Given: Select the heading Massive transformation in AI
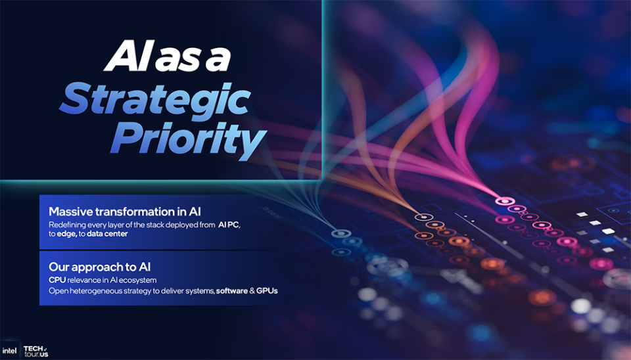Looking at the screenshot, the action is (125, 212).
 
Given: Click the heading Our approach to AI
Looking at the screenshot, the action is (100, 267).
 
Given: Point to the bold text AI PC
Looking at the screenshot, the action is (229, 225).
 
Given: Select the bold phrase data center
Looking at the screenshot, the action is (107, 234).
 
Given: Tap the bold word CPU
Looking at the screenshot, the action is (57, 280).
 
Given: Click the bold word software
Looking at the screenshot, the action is (232, 291).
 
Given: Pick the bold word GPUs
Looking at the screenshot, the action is (267, 291).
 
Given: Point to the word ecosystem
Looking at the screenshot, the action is (137, 281).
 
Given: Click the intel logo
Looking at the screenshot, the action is (9, 351).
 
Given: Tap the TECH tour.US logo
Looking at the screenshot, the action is (35, 351).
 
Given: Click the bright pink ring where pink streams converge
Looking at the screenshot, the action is (505, 201).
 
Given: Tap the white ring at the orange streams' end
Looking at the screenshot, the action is (424, 217).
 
